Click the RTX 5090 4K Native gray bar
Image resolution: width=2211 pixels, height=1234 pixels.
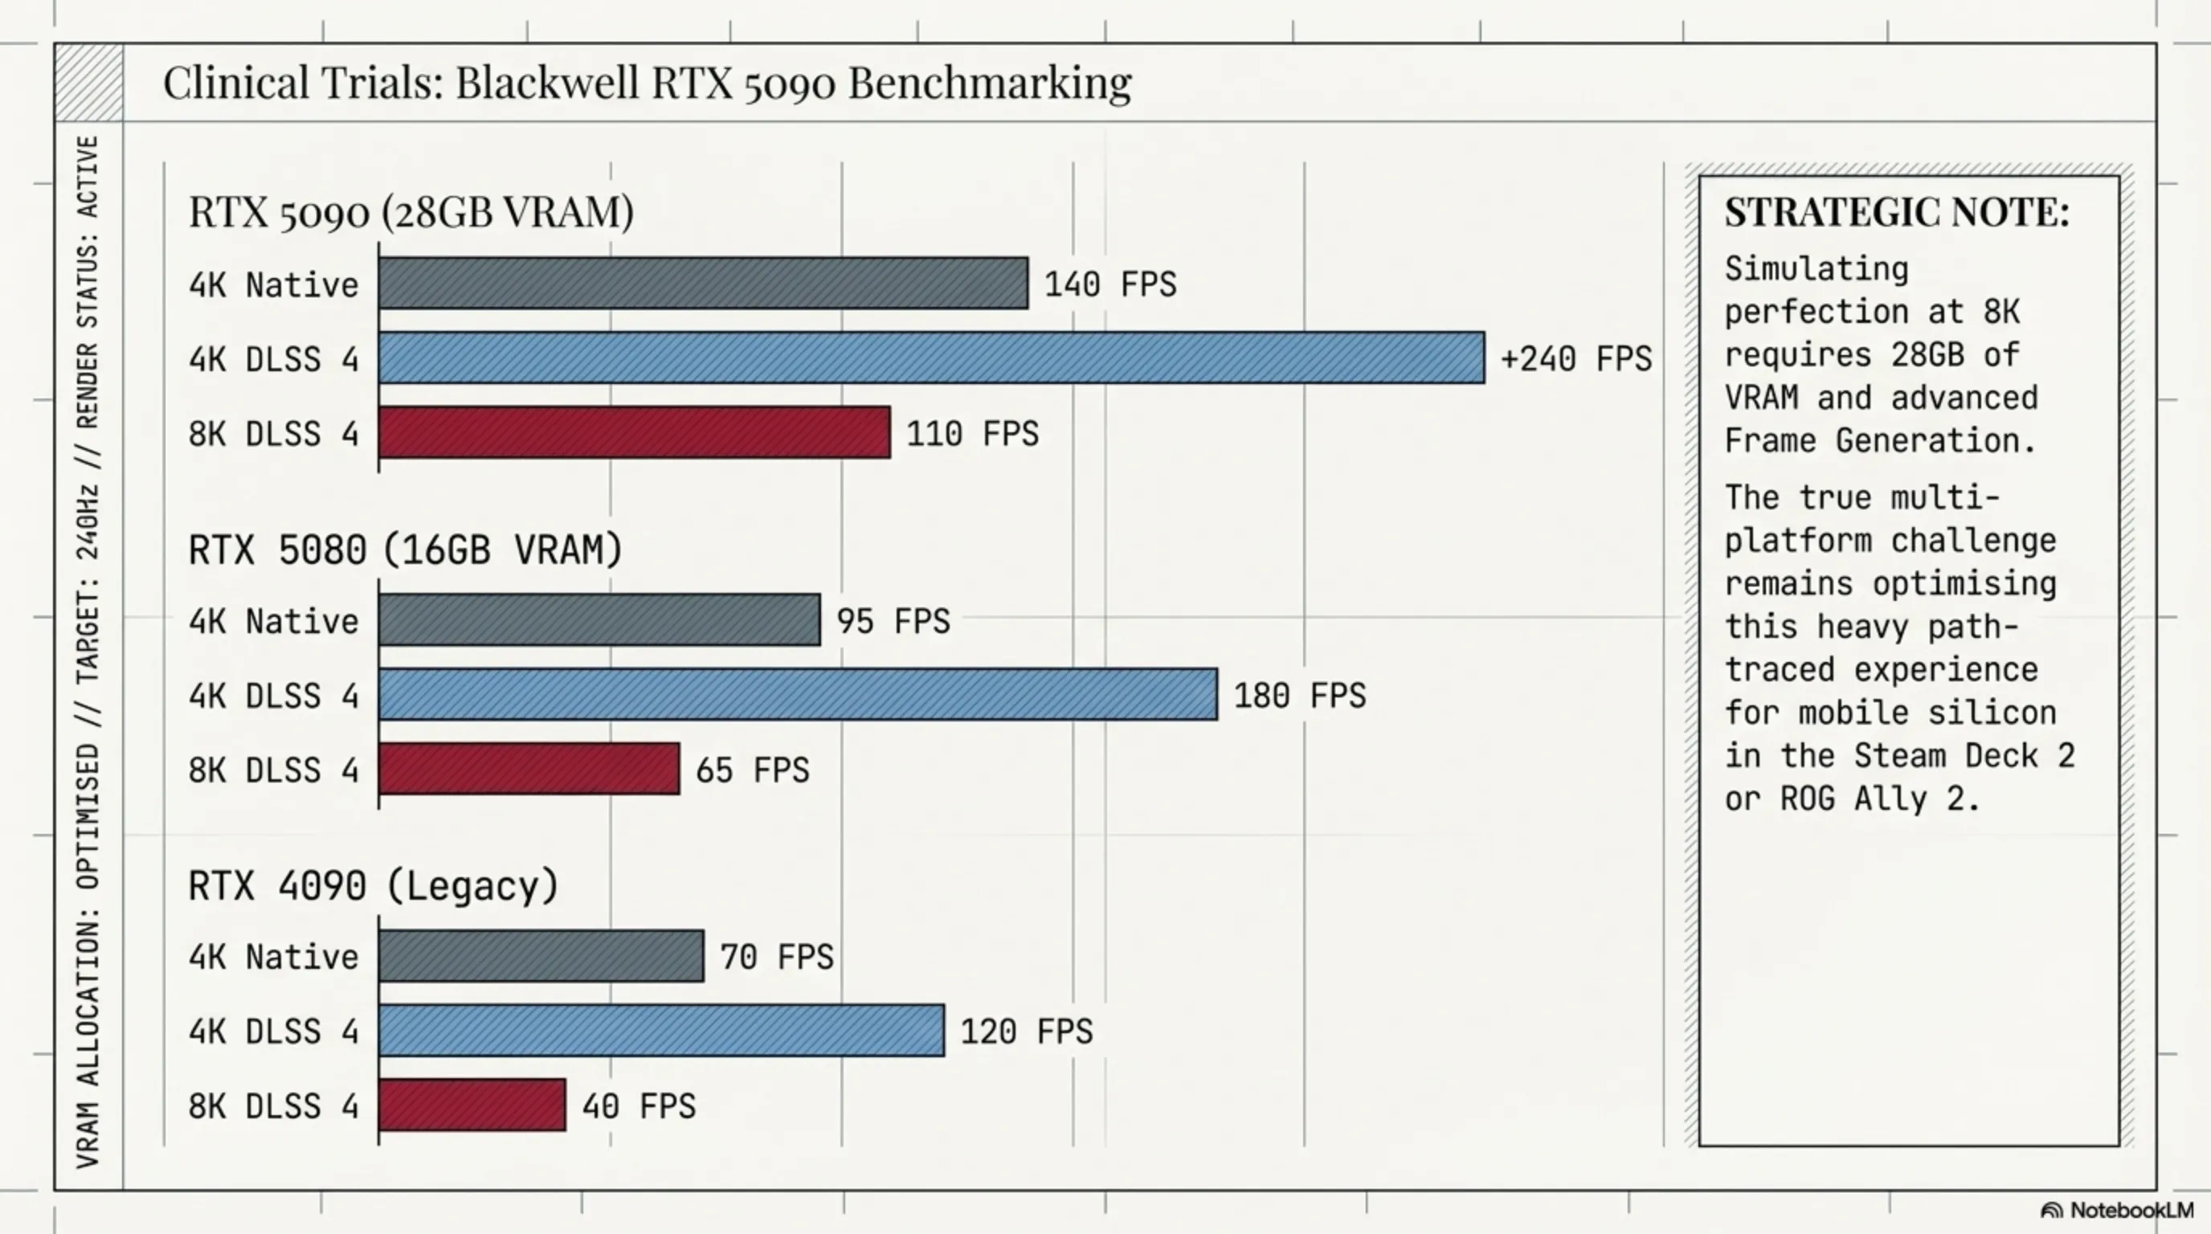703,283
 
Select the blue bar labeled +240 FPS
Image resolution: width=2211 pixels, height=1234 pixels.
931,358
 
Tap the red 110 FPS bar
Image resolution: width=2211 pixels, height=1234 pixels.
634,432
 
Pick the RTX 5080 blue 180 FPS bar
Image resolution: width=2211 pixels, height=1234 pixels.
797,694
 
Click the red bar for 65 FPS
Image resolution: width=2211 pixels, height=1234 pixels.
529,769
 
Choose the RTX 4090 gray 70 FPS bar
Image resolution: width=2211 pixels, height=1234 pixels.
541,956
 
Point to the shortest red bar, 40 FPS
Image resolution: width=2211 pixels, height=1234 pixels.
472,1105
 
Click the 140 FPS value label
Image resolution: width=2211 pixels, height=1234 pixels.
1110,284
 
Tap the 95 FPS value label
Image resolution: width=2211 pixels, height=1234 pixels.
893,621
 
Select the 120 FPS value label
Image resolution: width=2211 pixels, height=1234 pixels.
1026,1032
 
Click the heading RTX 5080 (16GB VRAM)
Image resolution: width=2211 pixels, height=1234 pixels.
405,550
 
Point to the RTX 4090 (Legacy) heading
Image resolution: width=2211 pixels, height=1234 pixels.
374,885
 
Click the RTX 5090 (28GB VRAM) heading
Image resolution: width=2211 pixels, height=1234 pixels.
411,212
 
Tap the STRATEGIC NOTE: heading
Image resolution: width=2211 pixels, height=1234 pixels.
1897,213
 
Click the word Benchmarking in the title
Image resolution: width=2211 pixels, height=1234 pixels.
990,84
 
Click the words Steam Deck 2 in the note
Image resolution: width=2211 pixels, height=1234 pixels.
1964,756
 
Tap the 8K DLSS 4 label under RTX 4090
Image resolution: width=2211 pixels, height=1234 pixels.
273,1106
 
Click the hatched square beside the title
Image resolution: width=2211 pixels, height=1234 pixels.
88,84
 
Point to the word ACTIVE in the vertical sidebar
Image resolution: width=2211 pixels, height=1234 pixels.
88,176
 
